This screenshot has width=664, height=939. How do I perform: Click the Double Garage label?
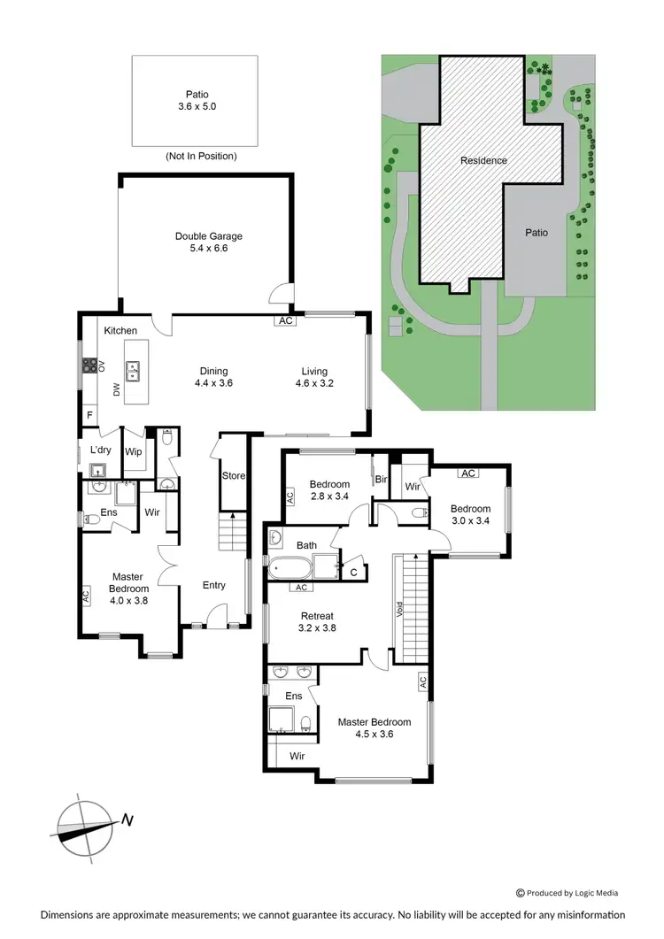(208, 242)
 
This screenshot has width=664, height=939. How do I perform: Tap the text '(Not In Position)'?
(201, 156)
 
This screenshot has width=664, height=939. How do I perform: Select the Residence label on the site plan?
(483, 160)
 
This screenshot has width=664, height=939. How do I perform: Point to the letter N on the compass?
(127, 820)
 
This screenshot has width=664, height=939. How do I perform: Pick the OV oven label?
(102, 365)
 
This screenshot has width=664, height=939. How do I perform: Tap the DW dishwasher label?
(115, 389)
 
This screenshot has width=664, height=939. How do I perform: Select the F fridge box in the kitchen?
(89, 414)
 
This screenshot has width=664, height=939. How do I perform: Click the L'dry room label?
(100, 450)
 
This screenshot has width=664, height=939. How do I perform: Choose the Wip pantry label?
(133, 451)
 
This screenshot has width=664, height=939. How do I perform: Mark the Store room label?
(233, 475)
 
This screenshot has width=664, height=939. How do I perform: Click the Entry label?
(213, 585)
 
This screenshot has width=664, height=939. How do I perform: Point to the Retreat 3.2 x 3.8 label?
(316, 621)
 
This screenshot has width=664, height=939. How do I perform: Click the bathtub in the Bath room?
(291, 566)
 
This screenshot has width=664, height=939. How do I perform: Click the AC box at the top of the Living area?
(285, 321)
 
